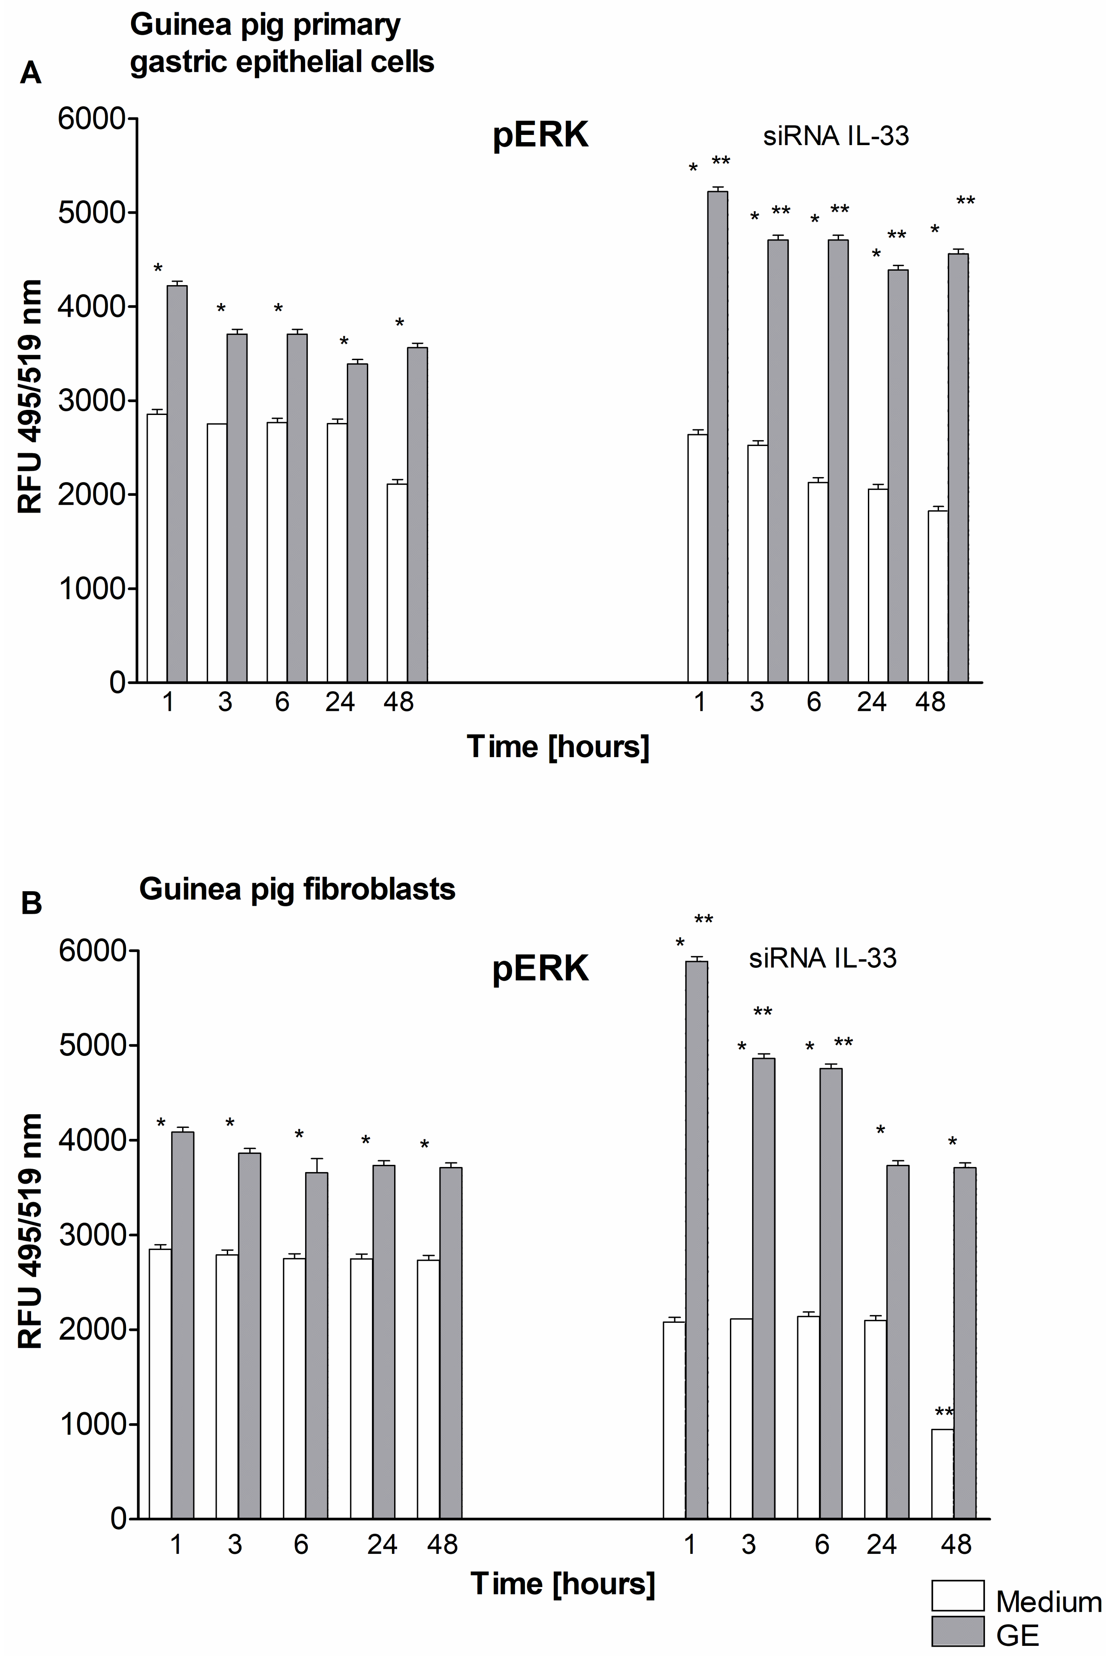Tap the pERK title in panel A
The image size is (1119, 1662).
click(x=540, y=135)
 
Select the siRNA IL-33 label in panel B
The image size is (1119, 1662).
click(x=822, y=958)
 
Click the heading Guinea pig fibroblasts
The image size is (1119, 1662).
click(x=297, y=889)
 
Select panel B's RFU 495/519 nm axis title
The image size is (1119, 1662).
click(x=30, y=1231)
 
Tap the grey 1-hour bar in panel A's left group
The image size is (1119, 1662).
click(x=177, y=483)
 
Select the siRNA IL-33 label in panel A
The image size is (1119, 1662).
click(x=836, y=136)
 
